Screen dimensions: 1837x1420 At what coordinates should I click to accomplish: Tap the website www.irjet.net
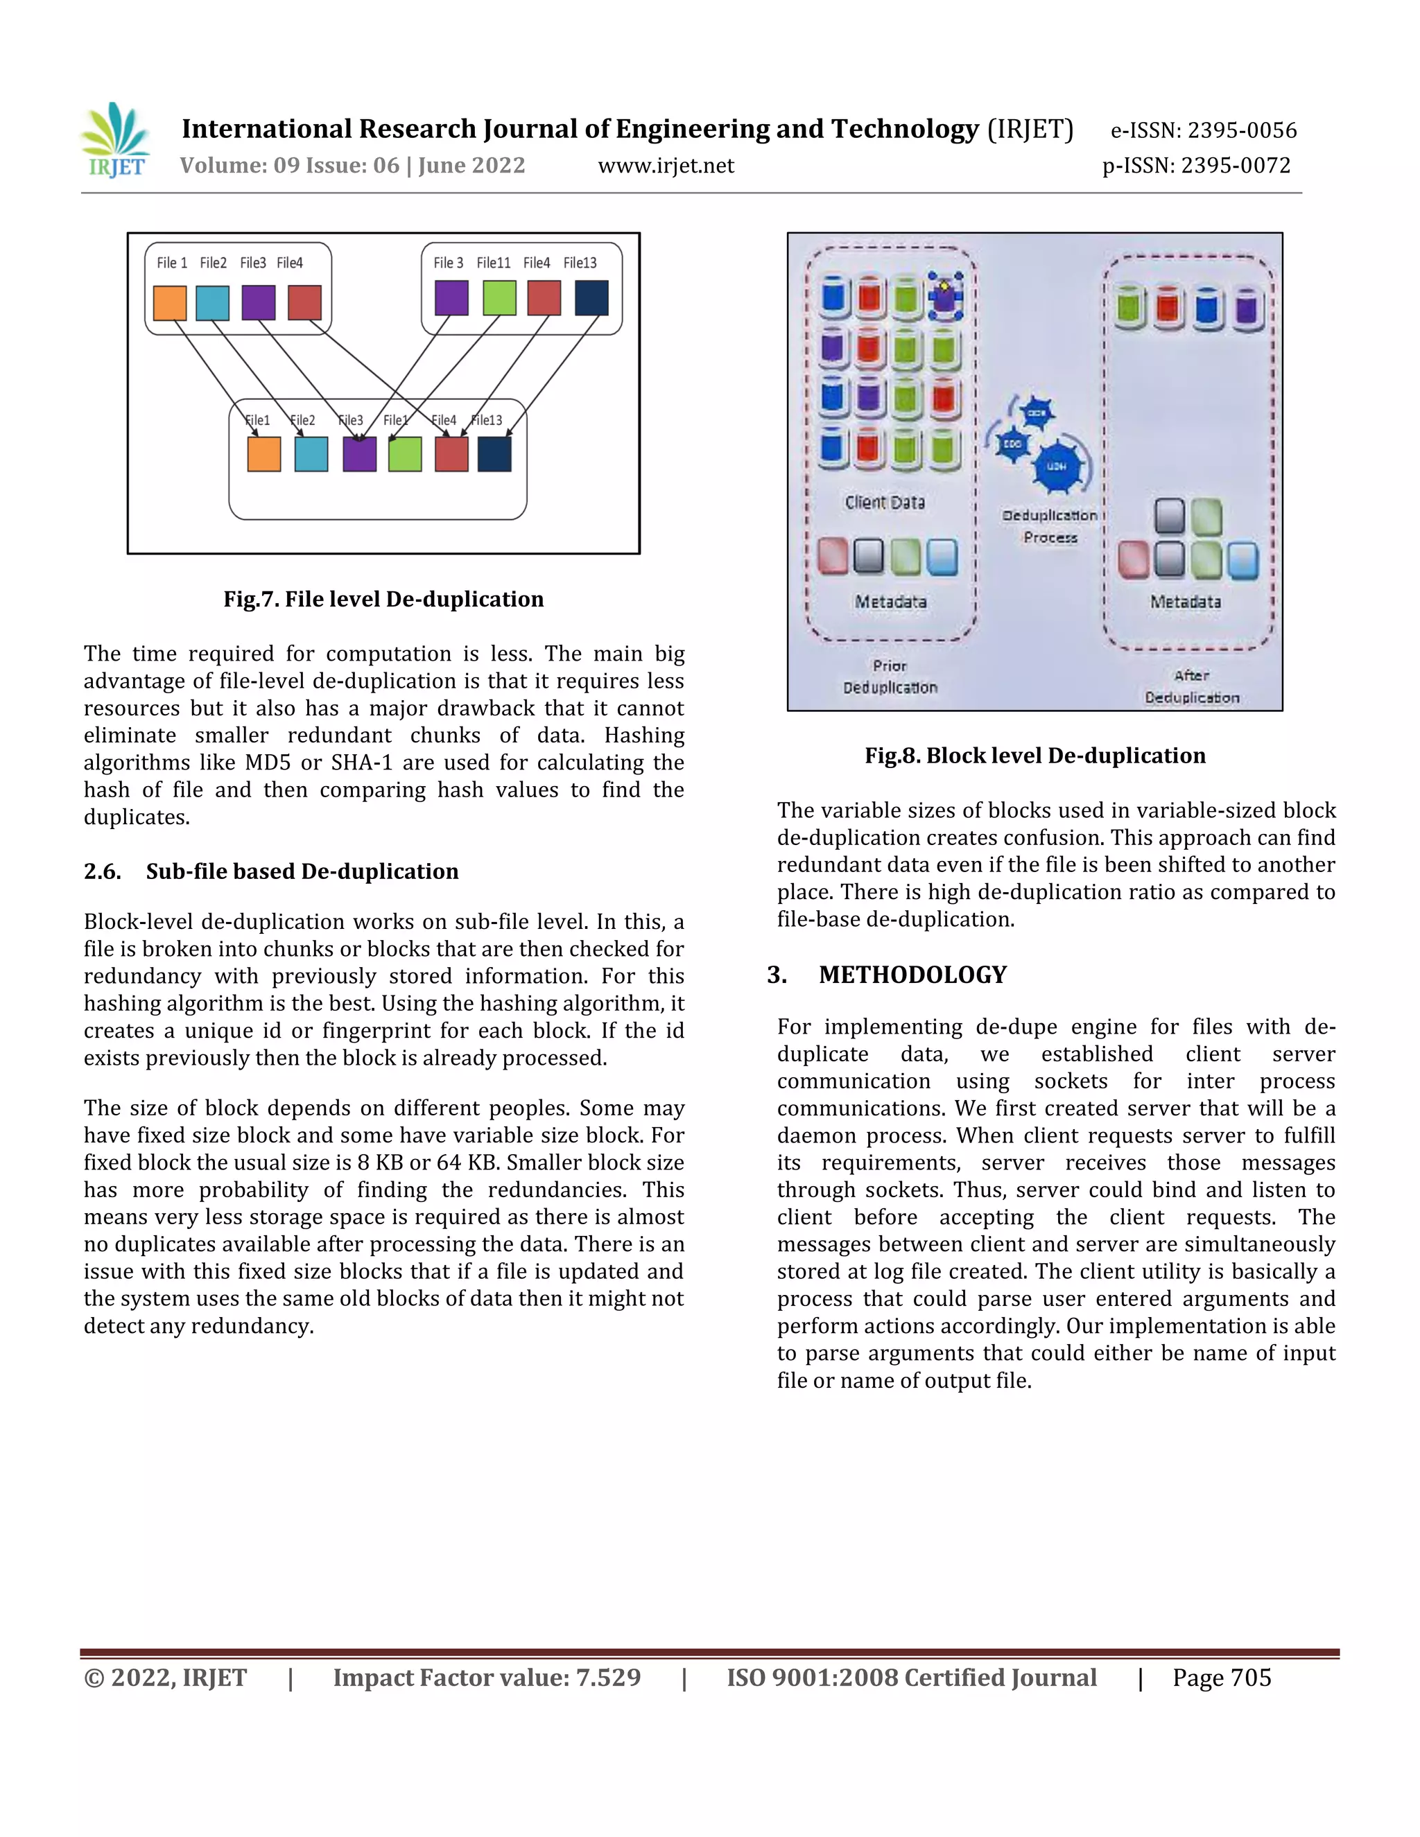[666, 166]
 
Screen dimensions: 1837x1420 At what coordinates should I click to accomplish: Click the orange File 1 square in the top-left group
[170, 303]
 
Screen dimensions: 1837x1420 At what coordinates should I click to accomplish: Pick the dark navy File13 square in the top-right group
[591, 299]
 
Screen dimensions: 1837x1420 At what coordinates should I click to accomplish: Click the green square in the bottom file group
[405, 454]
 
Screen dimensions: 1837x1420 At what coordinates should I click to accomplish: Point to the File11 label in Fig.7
[493, 263]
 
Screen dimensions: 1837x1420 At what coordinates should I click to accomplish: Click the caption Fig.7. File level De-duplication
[383, 599]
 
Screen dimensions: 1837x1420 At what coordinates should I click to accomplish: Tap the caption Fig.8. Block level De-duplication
[1034, 756]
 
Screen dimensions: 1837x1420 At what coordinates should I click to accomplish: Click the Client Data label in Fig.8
[884, 502]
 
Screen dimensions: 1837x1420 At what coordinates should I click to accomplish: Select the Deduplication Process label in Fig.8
[1050, 525]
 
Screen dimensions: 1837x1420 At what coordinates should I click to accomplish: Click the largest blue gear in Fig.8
[1057, 466]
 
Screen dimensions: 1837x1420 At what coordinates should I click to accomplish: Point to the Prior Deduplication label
[890, 677]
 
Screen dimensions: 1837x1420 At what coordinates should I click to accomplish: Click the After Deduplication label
[1192, 686]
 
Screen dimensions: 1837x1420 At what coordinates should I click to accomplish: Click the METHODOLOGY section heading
[912, 975]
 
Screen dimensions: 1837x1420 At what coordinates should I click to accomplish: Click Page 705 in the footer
[1222, 1678]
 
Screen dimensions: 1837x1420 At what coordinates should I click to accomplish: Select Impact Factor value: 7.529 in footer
[486, 1678]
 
